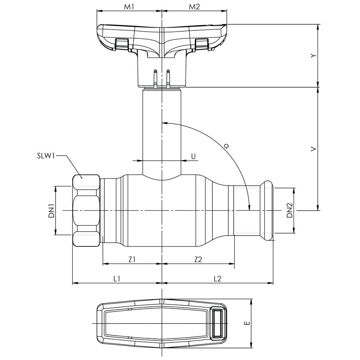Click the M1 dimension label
[128, 7]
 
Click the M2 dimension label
[194, 7]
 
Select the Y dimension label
[314, 56]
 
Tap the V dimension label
[314, 149]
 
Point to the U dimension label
[193, 156]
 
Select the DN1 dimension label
[51, 211]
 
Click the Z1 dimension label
[132, 259]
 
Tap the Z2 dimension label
[198, 259]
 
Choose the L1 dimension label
[117, 279]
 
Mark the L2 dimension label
[217, 279]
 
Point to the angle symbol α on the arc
[226, 147]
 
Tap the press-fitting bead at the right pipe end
[267, 211]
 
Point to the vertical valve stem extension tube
[162, 128]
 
